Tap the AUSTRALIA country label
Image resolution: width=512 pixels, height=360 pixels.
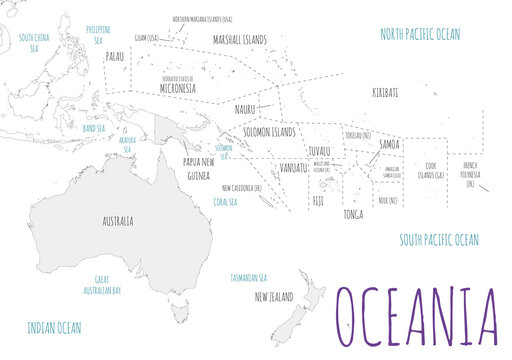tap(118, 221)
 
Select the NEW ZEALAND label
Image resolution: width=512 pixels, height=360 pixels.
tap(274, 297)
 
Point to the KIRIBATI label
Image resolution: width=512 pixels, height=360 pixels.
tap(385, 92)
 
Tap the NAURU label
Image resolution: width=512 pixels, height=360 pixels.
tap(245, 109)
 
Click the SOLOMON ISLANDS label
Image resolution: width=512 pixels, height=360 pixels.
tap(269, 132)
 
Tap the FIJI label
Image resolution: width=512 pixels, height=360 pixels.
tap(318, 201)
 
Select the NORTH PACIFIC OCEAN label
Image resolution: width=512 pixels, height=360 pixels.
tap(420, 34)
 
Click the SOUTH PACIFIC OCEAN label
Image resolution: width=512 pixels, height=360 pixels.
tap(438, 240)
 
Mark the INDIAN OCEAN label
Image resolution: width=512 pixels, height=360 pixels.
tap(54, 327)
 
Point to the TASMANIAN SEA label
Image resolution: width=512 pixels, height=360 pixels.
tap(249, 277)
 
